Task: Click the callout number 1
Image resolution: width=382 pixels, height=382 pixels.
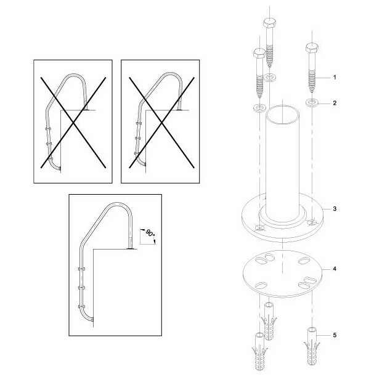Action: tap(335, 78)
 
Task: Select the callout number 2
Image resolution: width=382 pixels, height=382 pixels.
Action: tap(335, 103)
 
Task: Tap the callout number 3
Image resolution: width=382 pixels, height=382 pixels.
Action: tap(335, 209)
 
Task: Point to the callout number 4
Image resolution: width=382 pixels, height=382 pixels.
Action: tap(335, 269)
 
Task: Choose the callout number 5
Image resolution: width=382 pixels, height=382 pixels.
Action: tap(335, 335)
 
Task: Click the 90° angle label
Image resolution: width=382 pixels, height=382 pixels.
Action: tap(150, 234)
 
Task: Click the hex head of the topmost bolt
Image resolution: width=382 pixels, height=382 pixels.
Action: tap(270, 23)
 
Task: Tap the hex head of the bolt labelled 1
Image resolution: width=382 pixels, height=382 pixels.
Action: tap(312, 47)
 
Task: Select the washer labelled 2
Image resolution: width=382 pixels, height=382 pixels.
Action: tap(312, 103)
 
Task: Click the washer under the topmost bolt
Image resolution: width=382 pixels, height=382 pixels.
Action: tap(269, 78)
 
